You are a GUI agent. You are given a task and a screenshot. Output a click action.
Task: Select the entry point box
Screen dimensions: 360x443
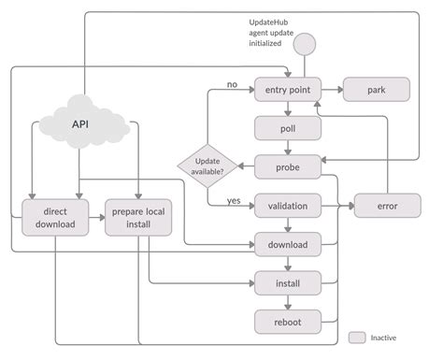[288, 90]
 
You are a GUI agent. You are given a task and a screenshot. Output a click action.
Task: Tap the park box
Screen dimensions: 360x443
[377, 90]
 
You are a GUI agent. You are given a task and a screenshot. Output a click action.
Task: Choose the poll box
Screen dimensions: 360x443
[288, 129]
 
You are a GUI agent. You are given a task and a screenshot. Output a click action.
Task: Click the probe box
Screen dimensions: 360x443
[288, 167]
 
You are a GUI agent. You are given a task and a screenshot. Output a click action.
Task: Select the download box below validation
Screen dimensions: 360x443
[288, 246]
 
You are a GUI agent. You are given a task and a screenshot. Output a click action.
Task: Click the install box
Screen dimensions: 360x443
[288, 281]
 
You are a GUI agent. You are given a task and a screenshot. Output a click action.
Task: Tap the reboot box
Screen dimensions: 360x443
[288, 321]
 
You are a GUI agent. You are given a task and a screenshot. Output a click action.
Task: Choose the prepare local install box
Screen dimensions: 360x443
[138, 218]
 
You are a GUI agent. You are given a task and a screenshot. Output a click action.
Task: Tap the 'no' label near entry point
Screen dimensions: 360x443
[232, 84]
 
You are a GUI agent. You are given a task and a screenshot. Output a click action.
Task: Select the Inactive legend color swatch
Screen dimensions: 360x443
[356, 337]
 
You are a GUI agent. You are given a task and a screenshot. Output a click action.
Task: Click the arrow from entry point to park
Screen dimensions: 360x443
[333, 90]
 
